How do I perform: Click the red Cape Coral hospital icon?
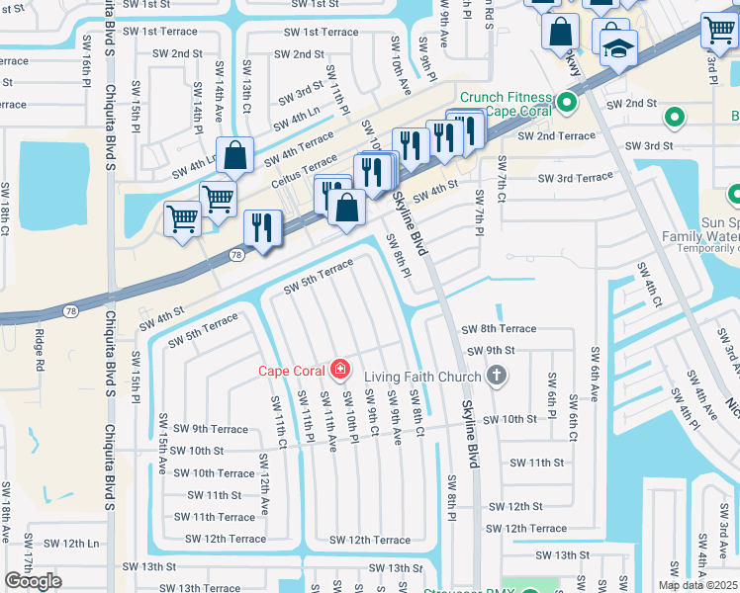pos(340,370)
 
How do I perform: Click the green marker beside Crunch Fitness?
pos(567,102)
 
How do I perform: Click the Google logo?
pos(33,581)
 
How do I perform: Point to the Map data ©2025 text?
pos(697,585)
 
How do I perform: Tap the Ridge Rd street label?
pos(41,352)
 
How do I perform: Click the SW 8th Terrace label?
pos(499,328)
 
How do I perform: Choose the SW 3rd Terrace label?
pos(575,178)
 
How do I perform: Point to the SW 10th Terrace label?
pos(214,472)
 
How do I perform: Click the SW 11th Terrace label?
pos(214,517)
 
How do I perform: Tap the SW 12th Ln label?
pos(73,543)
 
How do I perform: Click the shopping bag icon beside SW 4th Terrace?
pos(235,155)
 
